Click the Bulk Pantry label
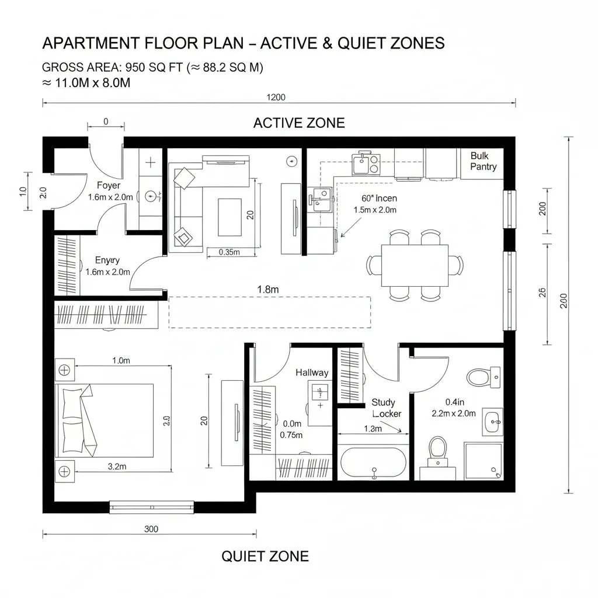point(483,161)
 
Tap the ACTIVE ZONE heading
point(299,123)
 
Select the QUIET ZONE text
point(265,556)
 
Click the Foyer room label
point(109,186)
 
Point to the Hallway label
point(312,373)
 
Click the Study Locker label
point(386,408)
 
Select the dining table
point(415,266)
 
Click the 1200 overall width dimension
point(276,98)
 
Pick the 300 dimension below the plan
point(151,529)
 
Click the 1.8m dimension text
point(267,289)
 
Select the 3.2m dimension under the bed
point(117,466)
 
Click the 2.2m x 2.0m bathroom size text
point(454,413)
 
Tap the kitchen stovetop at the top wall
point(366,164)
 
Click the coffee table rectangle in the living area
point(230,217)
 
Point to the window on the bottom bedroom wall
point(151,506)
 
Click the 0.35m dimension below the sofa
point(228,252)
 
